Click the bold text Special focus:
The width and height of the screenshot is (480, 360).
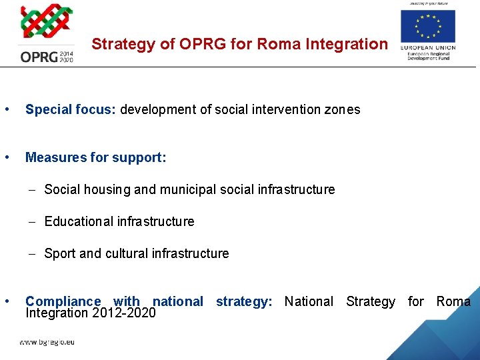[x=70, y=109]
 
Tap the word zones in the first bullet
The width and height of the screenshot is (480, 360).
[x=343, y=109]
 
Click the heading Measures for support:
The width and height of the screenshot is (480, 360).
[x=95, y=157]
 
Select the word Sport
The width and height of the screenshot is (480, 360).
[x=59, y=253]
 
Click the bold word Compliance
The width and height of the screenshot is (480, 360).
[x=63, y=301]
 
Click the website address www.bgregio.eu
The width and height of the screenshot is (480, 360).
[x=47, y=342]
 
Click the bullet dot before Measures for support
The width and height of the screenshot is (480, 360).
[x=6, y=157]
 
